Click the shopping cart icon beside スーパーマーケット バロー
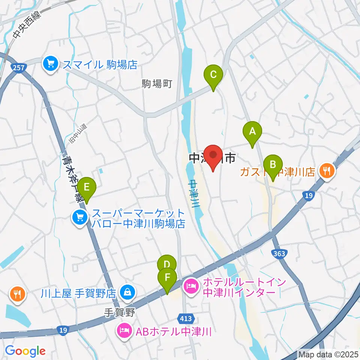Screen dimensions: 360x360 (x=80, y=217)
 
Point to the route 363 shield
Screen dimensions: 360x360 (x=279, y=254)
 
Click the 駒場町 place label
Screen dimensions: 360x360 (x=157, y=84)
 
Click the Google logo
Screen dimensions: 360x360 (x=25, y=351)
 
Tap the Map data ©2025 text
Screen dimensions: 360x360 (x=328, y=354)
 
